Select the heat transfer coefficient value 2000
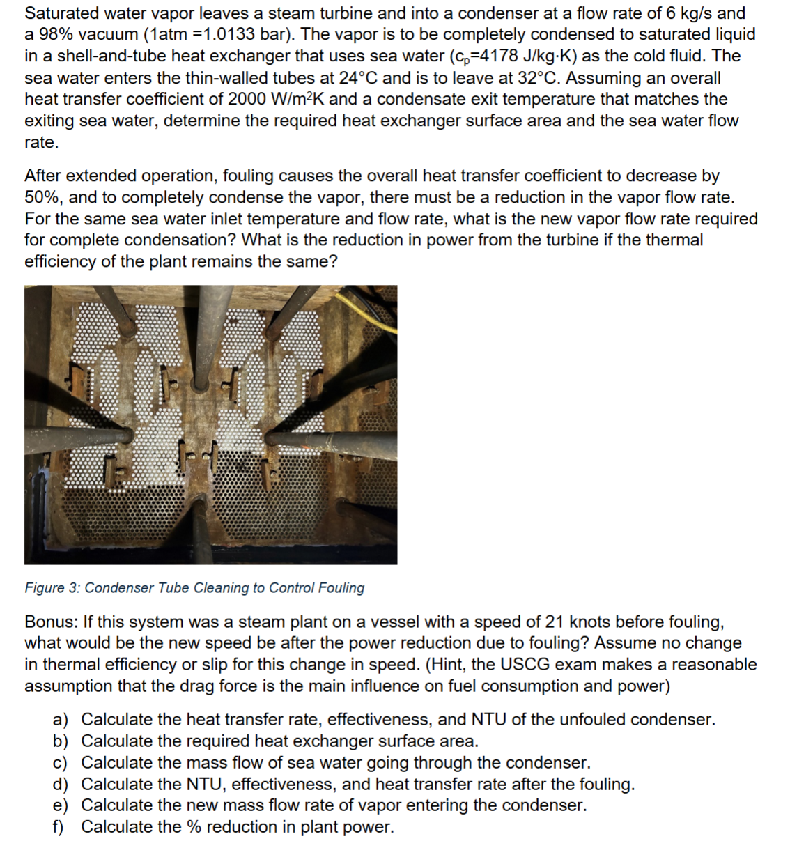(249, 100)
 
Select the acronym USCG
(504, 665)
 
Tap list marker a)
(61, 720)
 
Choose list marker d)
(61, 785)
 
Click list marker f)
(59, 827)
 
